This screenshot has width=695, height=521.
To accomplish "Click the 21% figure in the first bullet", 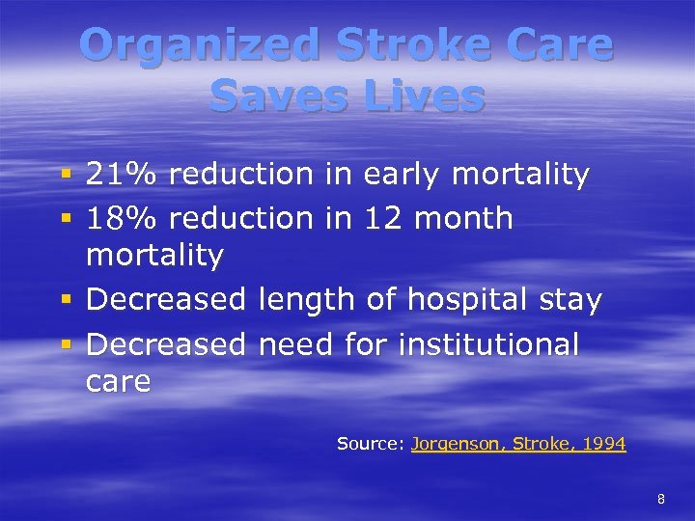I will pos(123,175).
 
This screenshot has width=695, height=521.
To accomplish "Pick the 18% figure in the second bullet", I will pos(123,218).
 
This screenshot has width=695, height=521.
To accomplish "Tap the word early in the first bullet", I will pos(403,175).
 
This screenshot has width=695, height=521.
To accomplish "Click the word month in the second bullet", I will pos(463,218).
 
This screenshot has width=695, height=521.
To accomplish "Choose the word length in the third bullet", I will pos(308,300).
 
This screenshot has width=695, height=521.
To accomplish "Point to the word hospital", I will pos(463,300).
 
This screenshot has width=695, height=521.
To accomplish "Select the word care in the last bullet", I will pos(118,382).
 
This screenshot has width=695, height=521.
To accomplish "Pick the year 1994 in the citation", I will pos(601,444).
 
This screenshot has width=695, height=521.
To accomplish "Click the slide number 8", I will pos(661,499).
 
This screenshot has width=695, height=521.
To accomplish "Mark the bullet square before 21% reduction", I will pos(66,176).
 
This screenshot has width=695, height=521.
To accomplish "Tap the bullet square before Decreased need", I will pos(66,344).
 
